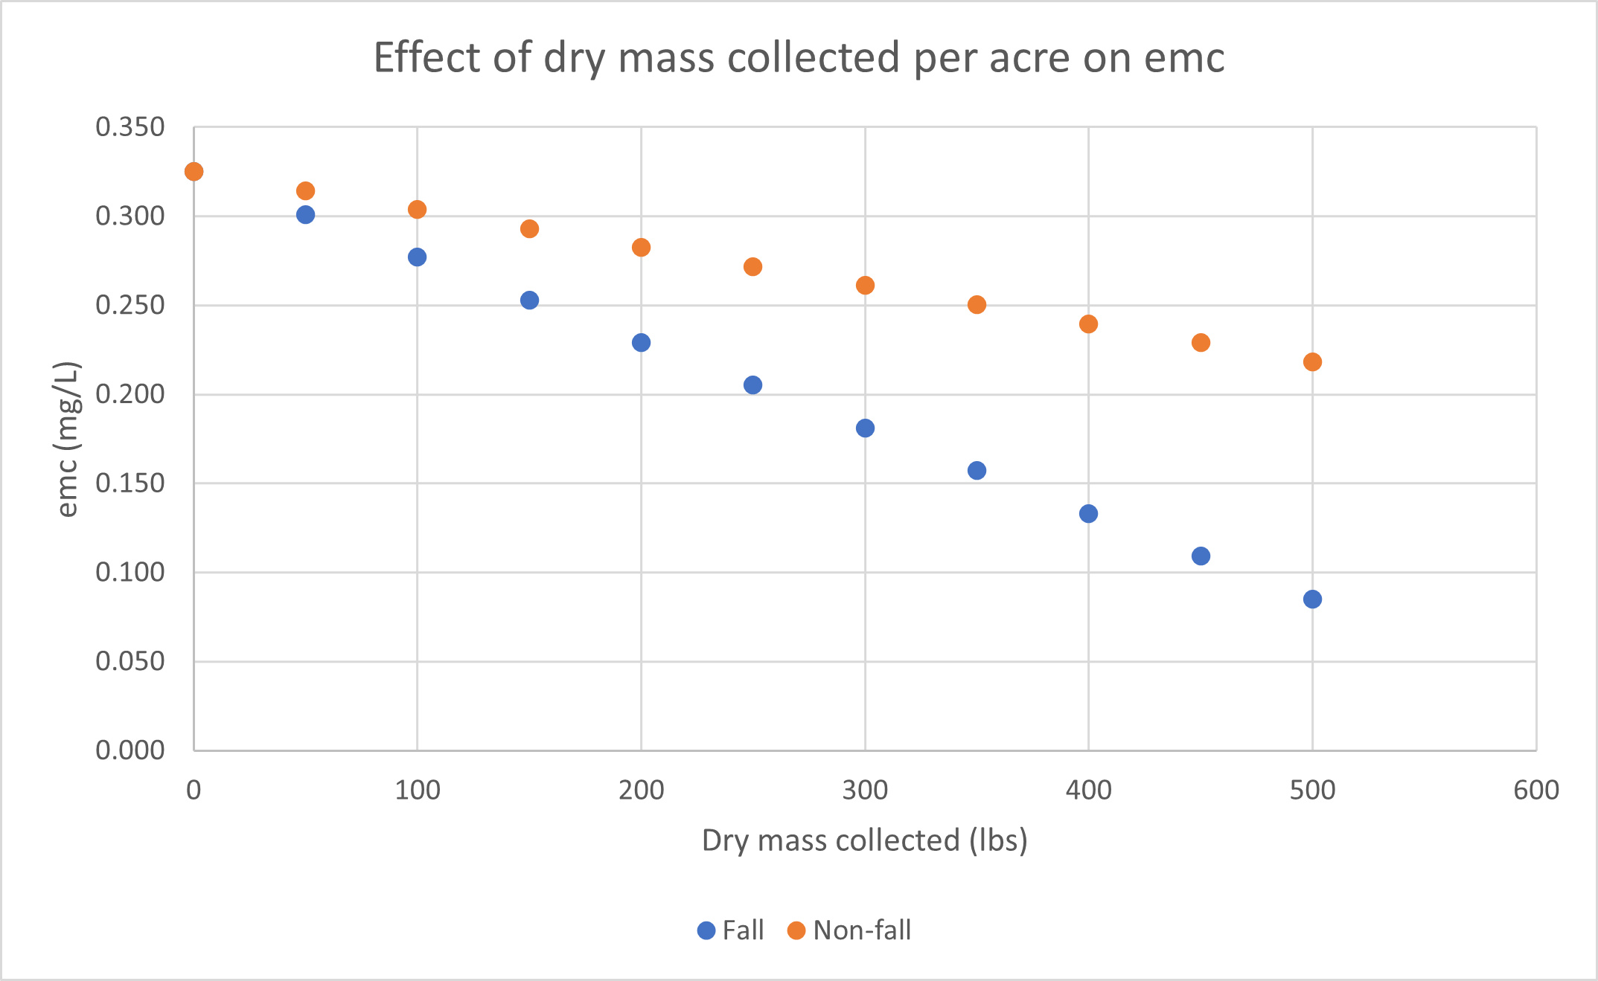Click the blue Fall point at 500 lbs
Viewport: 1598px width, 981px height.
click(1312, 599)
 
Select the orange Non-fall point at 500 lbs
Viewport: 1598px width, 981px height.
click(1312, 361)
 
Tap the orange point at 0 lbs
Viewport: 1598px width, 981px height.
click(194, 172)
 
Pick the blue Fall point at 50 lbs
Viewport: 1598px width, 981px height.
click(305, 215)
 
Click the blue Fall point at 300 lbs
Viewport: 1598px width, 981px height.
click(865, 428)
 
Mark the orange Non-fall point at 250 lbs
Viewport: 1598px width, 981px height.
click(752, 266)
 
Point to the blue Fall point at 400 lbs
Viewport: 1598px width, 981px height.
click(1088, 513)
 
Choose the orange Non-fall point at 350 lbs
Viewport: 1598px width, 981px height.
click(977, 304)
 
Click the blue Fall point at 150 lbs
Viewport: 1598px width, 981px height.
click(529, 300)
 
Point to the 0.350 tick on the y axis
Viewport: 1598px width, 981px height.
click(130, 127)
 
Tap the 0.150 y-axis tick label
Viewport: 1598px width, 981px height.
click(130, 483)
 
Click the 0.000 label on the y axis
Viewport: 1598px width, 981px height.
click(130, 750)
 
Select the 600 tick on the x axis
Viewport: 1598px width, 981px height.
click(1536, 790)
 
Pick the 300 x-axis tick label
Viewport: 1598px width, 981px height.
click(865, 790)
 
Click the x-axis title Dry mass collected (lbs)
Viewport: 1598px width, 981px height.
click(864, 840)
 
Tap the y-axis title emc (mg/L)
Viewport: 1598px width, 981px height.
click(67, 439)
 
